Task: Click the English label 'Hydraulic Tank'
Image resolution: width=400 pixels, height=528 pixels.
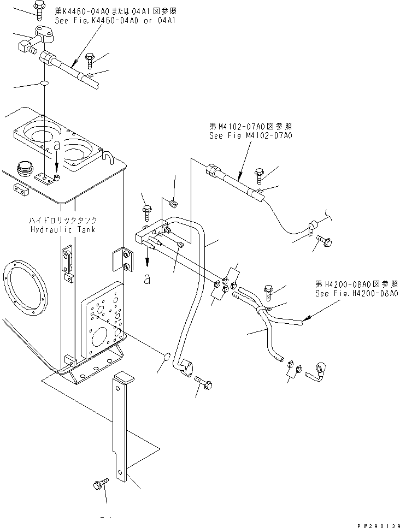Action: pyautogui.click(x=63, y=229)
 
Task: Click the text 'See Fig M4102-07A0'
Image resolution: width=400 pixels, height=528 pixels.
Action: pyautogui.click(x=250, y=136)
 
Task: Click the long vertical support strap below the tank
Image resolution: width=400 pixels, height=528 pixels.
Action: pyautogui.click(x=122, y=426)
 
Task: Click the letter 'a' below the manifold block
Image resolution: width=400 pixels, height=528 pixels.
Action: pyautogui.click(x=146, y=279)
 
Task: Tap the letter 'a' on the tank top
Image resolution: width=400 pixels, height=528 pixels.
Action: pyautogui.click(x=57, y=145)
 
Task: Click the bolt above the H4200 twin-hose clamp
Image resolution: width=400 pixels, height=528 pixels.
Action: pyautogui.click(x=269, y=290)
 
